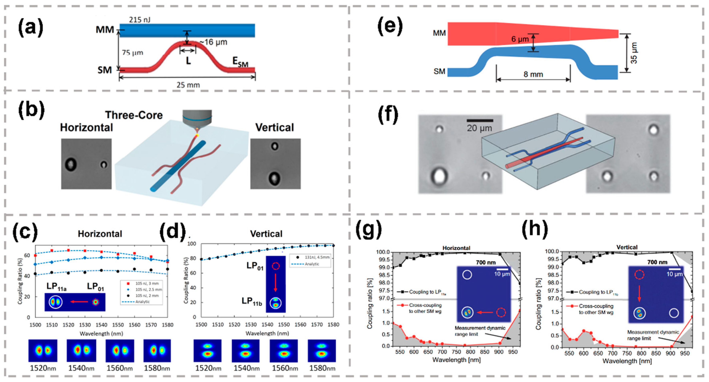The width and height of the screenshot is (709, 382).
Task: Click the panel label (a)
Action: coord(31,28)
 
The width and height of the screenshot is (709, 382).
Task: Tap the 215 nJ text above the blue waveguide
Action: coord(140,20)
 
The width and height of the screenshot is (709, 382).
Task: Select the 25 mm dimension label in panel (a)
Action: coord(188,85)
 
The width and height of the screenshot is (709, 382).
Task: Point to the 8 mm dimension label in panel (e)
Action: coord(533,74)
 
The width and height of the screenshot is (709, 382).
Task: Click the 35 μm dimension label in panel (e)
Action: coord(634,53)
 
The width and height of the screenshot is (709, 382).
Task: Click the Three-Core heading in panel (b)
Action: coord(134,115)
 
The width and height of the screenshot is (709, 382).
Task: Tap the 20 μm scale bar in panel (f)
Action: coord(479,121)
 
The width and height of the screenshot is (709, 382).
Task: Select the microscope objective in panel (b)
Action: coord(197,119)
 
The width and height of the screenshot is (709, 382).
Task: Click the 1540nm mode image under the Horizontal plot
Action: coord(81,350)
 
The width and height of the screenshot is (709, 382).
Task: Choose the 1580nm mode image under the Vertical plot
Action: coord(322,351)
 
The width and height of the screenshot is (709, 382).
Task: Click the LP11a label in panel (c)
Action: coord(56,287)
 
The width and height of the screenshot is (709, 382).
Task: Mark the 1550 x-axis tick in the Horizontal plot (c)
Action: coord(118,325)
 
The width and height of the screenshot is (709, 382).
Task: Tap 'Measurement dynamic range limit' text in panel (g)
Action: coord(480,331)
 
